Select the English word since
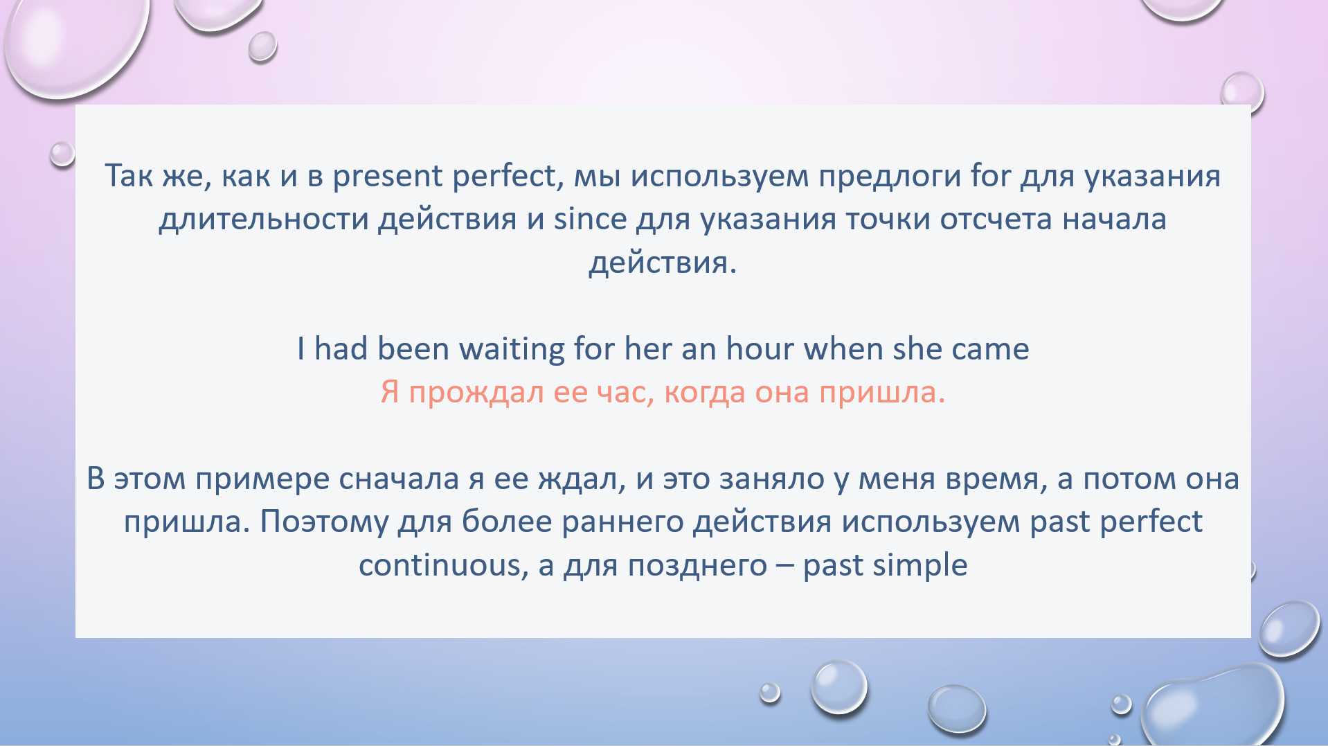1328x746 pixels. point(590,219)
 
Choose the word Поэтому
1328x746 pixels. point(324,522)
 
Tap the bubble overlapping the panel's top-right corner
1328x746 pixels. point(1242,93)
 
